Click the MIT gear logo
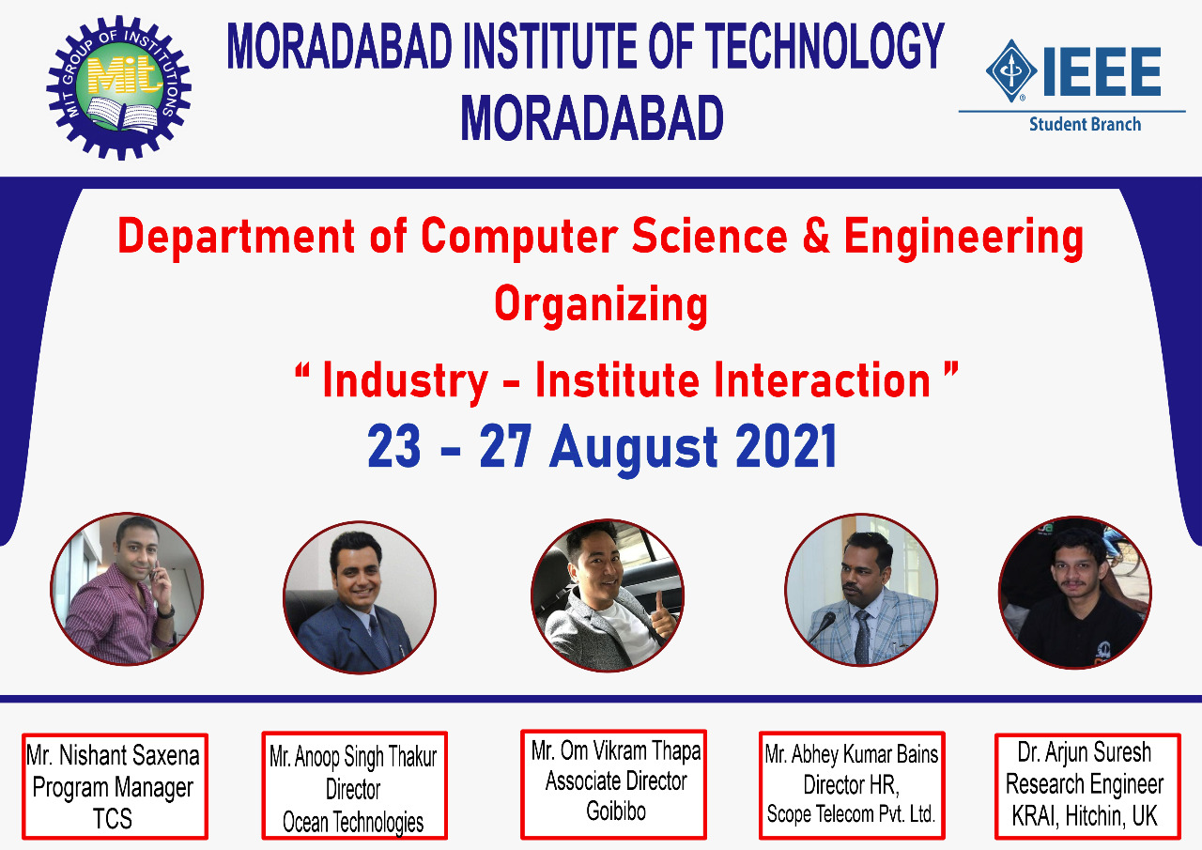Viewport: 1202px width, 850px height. coord(118,87)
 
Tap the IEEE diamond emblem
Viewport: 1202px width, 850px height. coord(1011,70)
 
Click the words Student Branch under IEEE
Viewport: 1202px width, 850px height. coord(1085,125)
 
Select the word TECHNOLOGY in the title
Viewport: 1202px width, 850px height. coord(824,46)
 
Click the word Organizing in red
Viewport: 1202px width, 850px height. coord(601,305)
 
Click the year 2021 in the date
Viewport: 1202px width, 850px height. coord(786,446)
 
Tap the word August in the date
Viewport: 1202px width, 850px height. coord(634,449)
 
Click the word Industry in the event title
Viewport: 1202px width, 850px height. coord(405,382)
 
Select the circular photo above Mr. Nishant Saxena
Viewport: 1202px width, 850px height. coord(127,589)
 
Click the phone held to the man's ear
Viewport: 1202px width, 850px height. coord(156,574)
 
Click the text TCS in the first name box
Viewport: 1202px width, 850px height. coord(113,819)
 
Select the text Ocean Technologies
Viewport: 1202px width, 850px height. coord(353,822)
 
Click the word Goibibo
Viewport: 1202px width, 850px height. coord(616,811)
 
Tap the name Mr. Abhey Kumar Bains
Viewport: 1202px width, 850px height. coord(852,754)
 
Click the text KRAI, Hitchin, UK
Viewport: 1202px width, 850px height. coord(1085,816)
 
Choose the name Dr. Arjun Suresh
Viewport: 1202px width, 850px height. coord(1085,752)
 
